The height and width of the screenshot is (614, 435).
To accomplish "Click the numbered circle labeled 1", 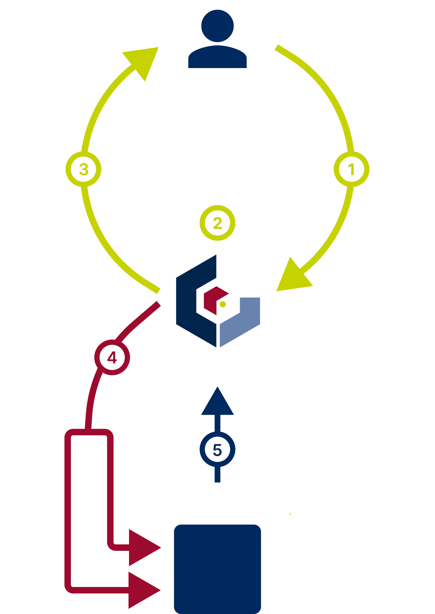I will point(351,169).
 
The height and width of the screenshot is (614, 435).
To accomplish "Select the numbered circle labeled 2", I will point(217,223).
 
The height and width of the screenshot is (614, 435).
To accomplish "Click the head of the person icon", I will point(217,26).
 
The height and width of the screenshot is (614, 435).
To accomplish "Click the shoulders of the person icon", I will point(217,58).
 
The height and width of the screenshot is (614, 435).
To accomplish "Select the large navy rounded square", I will point(217,569).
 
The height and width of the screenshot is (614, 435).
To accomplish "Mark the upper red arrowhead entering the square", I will point(142,547).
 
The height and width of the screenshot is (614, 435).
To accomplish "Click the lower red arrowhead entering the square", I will point(142,590).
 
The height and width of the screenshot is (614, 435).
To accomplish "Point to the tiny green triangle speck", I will point(290,514).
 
